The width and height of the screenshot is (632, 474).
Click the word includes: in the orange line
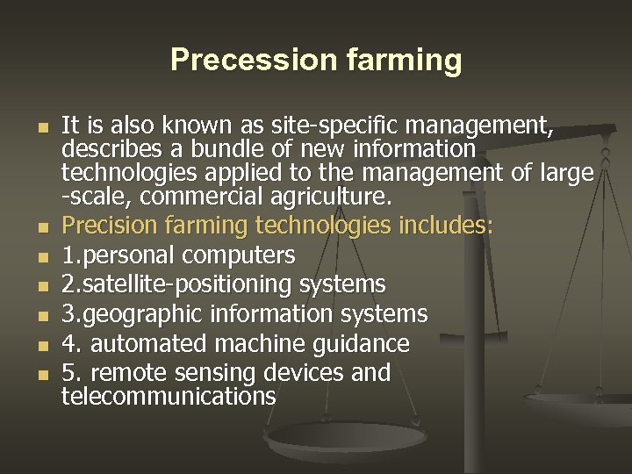[446, 226]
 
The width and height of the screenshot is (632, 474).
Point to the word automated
[151, 342]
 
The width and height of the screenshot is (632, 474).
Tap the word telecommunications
[169, 396]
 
